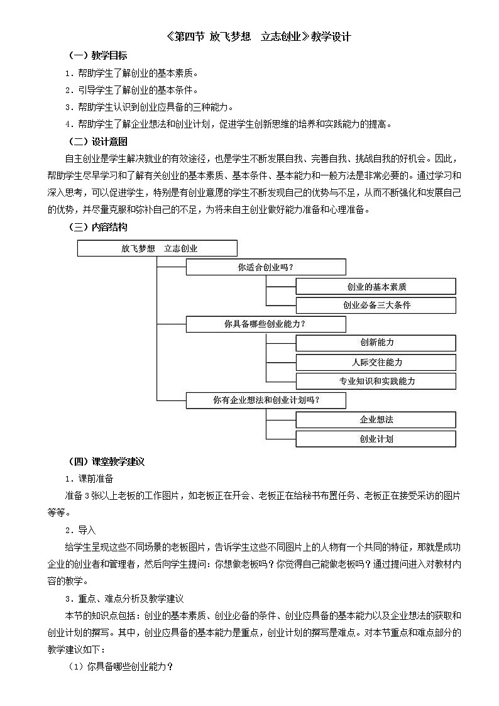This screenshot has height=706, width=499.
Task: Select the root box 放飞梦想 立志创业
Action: [157, 248]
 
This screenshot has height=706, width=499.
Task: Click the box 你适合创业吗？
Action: [266, 267]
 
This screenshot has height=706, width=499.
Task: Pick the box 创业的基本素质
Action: [376, 287]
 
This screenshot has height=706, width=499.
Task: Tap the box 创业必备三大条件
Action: [376, 306]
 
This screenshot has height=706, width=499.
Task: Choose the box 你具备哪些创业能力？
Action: [266, 324]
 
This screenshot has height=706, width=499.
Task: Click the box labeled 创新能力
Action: [376, 343]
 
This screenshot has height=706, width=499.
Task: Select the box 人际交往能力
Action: [376, 362]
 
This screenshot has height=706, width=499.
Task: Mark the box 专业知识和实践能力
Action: [376, 381]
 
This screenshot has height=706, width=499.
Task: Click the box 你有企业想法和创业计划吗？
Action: [266, 400]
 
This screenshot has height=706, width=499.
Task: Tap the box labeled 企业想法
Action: [376, 419]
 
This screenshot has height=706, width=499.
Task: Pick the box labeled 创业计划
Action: [376, 439]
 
